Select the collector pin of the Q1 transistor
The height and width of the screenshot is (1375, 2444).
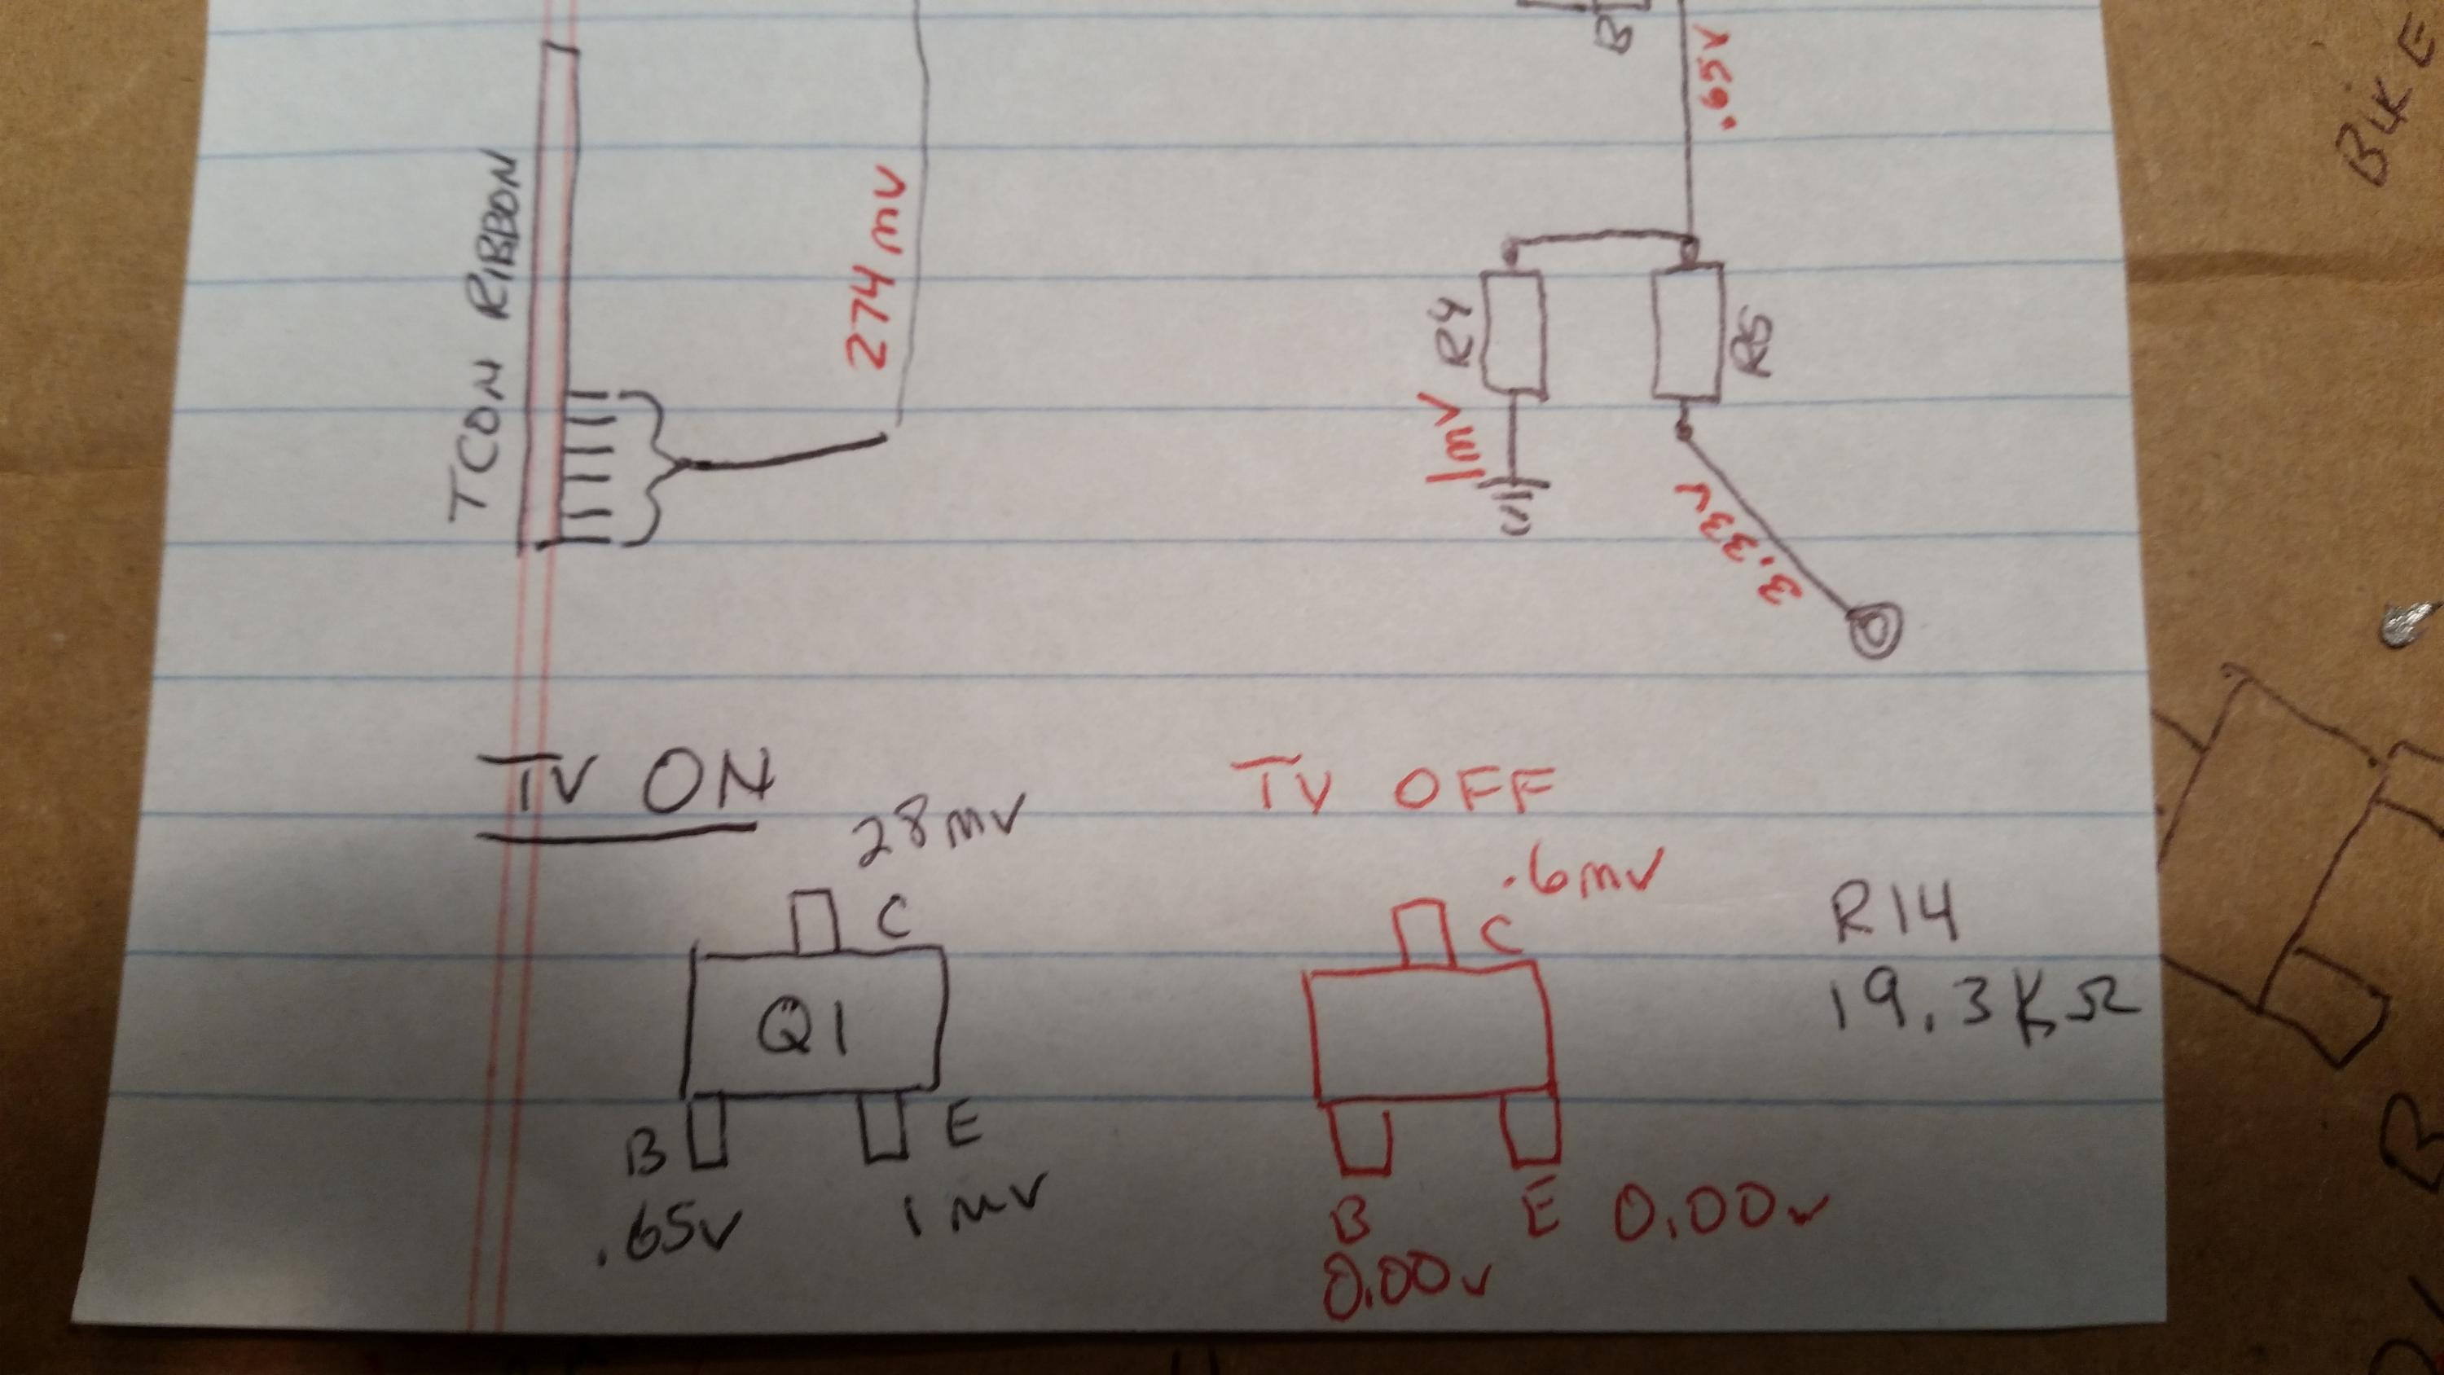(x=814, y=921)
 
